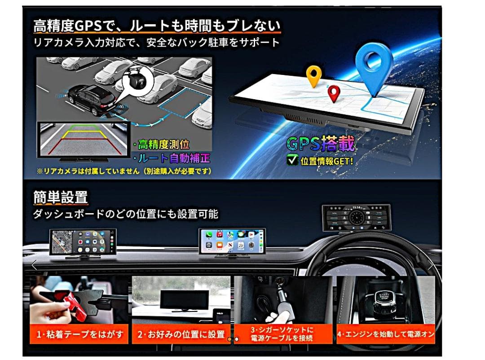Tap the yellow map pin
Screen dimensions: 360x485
[313, 76]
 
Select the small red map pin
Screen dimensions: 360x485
[333, 93]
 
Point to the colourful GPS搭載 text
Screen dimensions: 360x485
[321, 145]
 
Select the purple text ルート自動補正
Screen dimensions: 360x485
[172, 158]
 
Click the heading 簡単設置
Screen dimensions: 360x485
[61, 197]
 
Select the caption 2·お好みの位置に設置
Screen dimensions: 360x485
[181, 334]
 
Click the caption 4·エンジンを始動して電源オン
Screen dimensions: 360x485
[386, 334]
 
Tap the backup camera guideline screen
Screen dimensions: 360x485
[83, 139]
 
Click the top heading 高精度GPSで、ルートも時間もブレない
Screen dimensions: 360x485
[157, 26]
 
